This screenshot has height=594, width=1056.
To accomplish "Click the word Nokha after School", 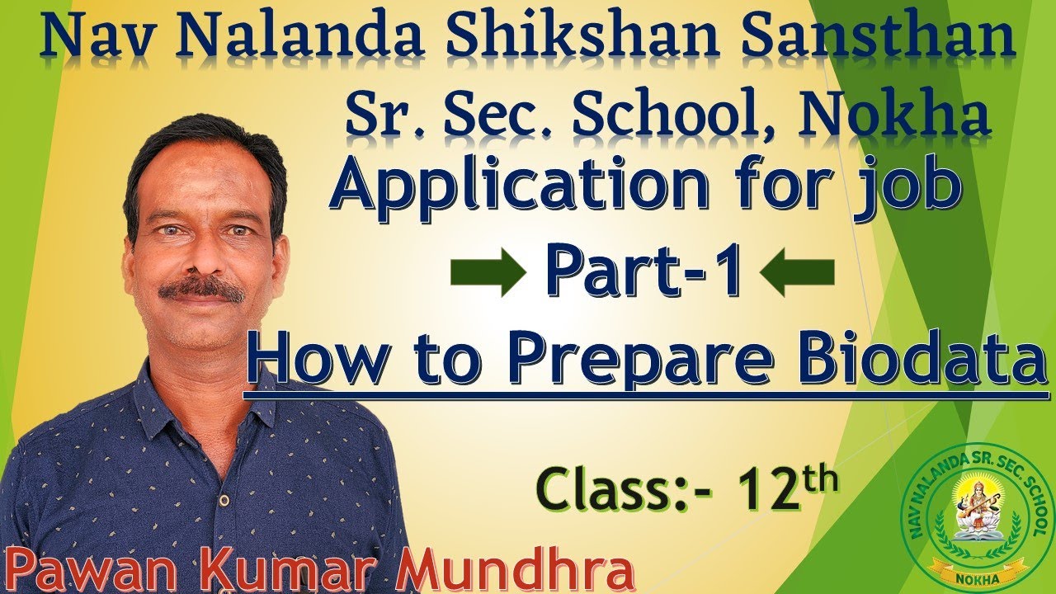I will [x=895, y=115].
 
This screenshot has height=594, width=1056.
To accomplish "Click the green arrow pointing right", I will [x=487, y=274].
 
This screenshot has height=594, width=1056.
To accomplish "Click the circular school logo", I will [x=978, y=521].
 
